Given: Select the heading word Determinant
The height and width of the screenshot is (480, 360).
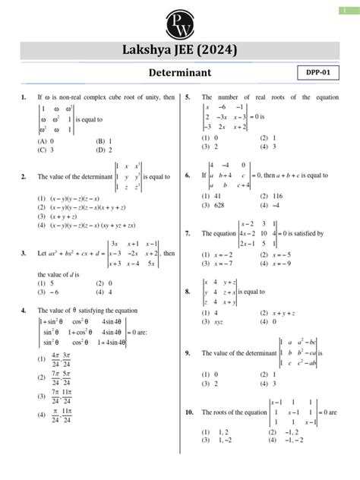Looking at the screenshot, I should click(180, 72).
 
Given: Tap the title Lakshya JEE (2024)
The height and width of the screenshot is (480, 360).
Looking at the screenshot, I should click(180, 50).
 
